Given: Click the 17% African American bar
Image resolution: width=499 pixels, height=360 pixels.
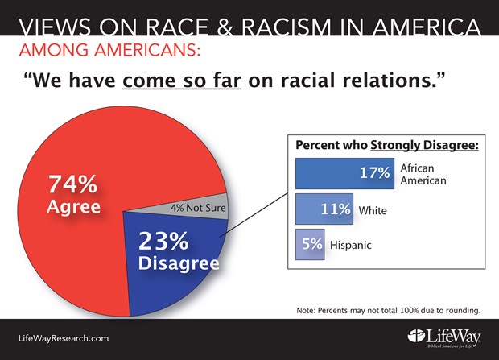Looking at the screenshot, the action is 344,173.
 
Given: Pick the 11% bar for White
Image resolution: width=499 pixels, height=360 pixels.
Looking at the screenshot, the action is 324,209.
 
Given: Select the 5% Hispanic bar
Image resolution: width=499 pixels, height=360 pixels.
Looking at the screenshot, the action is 310,244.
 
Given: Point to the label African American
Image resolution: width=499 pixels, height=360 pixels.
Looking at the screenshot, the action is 423,174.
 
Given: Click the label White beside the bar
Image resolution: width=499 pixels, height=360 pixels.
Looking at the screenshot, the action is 373,210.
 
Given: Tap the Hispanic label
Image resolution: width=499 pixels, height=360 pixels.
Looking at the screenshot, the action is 351,245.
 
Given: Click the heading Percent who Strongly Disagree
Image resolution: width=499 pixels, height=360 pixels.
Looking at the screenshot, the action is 387,145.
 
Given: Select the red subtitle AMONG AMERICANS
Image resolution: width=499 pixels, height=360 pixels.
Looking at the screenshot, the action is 109,50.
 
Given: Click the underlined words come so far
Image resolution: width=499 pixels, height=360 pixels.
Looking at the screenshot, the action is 182,80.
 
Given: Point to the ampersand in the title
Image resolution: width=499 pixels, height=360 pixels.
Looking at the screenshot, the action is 225,27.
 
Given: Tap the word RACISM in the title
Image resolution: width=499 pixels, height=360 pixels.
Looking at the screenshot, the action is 287,27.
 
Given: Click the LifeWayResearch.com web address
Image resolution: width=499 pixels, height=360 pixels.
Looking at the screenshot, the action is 64,338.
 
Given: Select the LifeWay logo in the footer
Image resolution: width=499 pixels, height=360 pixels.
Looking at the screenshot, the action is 444,338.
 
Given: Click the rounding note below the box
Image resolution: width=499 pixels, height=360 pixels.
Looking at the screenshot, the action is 388,310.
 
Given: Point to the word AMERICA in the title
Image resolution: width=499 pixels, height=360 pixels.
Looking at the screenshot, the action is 427,27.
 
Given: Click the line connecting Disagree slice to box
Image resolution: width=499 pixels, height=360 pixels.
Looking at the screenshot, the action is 254,215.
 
